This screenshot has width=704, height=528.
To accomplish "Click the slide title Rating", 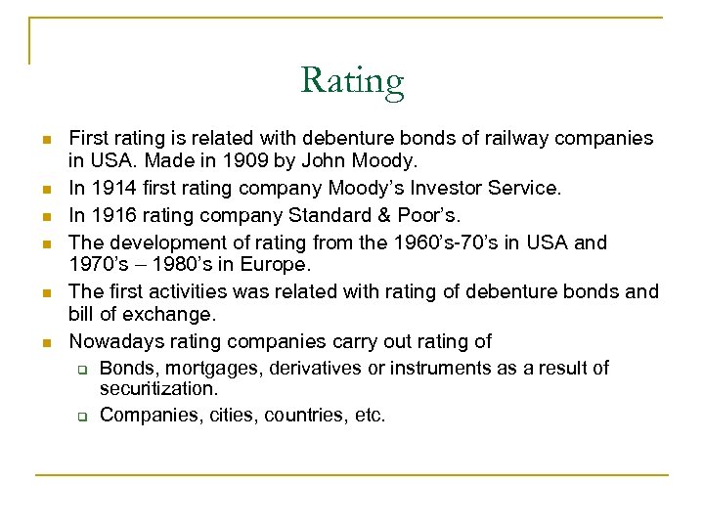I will pyautogui.click(x=352, y=80).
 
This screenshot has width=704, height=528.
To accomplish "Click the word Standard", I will pyautogui.click(x=318, y=215).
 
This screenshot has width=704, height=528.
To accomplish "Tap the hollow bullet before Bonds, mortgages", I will pyautogui.click(x=84, y=370).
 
